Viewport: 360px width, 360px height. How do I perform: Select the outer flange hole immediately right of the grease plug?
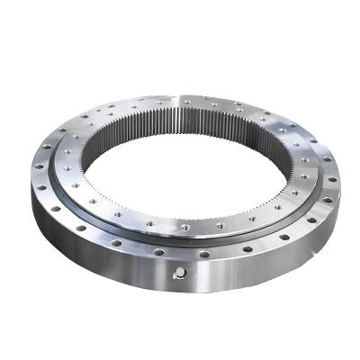(204, 254)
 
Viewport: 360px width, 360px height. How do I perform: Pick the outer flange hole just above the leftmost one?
(46, 147)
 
